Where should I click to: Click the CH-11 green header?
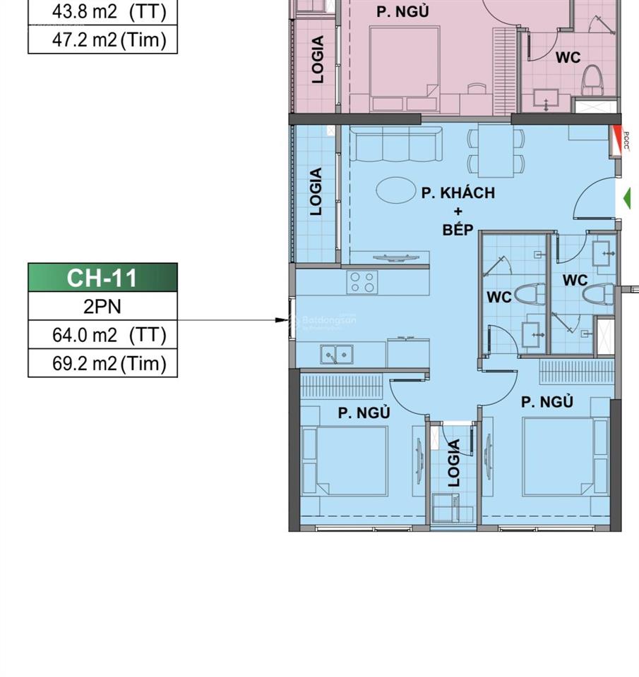pyautogui.click(x=102, y=278)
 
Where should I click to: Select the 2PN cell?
pyautogui.click(x=102, y=307)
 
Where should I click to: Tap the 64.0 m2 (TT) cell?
pyautogui.click(x=102, y=336)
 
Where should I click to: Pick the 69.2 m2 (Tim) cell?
pyautogui.click(x=102, y=364)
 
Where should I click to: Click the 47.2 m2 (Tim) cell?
pyautogui.click(x=102, y=40)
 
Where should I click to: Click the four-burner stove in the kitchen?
pyautogui.click(x=362, y=283)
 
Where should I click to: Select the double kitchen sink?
pyautogui.click(x=338, y=354)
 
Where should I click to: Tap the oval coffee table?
pyautogui.click(x=395, y=190)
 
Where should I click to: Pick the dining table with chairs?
pyautogui.click(x=496, y=151)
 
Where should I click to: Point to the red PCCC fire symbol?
pyautogui.click(x=621, y=140)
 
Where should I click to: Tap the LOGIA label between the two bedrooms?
pyautogui.click(x=454, y=463)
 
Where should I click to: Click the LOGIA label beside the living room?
pyautogui.click(x=316, y=191)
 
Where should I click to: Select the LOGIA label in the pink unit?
pyautogui.click(x=318, y=59)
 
